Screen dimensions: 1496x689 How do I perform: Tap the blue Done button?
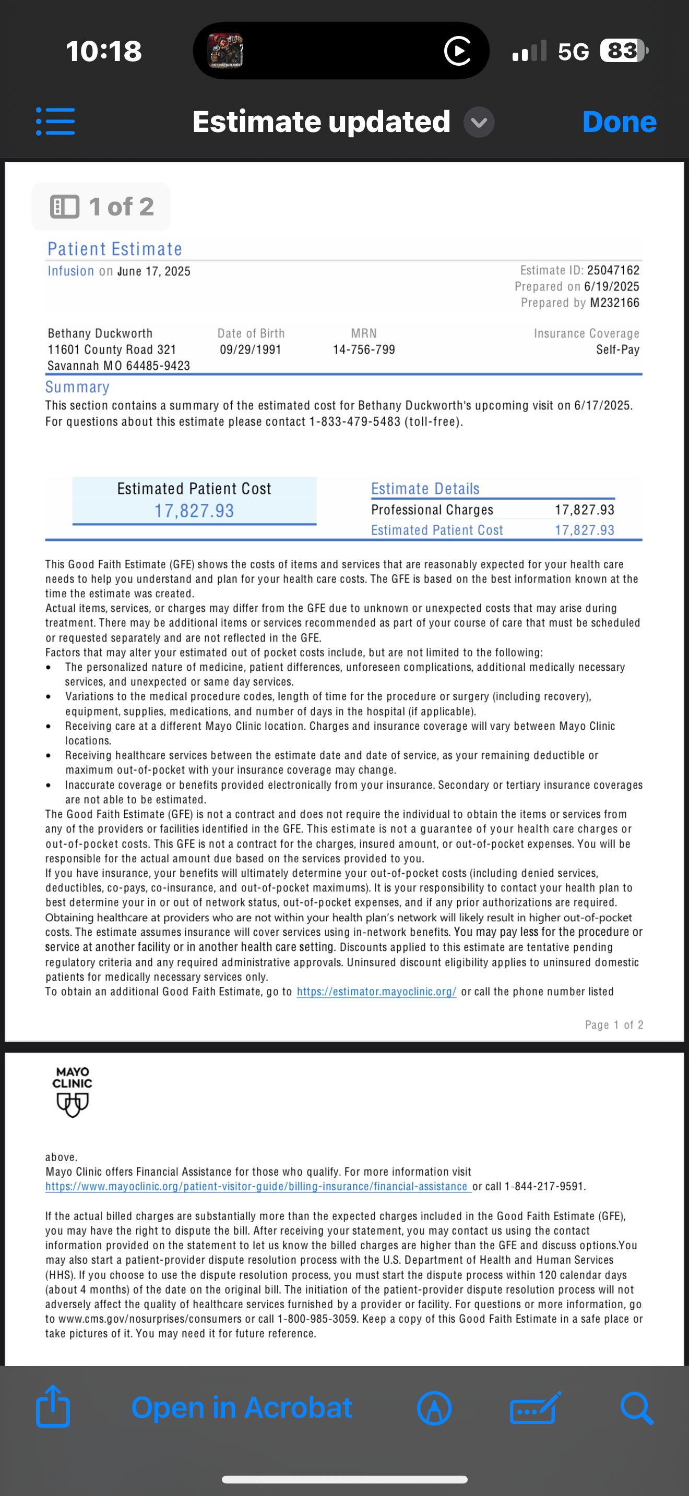619,122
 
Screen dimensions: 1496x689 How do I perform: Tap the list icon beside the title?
55,122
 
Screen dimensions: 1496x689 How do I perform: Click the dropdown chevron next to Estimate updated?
479,123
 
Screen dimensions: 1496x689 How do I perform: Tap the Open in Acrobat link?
242,1408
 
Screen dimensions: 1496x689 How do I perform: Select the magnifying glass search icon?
637,1408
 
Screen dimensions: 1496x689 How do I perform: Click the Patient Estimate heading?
115,249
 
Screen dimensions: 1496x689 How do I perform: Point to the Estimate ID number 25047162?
613,270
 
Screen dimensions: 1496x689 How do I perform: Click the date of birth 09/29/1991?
251,349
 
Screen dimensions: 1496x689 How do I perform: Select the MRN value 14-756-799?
364,349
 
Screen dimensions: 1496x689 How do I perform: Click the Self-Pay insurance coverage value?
617,349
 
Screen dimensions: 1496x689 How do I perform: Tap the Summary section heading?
77,388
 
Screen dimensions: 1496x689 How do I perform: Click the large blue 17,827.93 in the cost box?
194,511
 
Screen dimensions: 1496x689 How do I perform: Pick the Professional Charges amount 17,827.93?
585,510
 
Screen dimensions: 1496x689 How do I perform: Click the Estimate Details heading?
425,489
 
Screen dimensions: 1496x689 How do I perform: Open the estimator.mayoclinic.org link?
376,992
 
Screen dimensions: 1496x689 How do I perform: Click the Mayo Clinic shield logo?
73,1103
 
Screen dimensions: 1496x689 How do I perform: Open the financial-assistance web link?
257,1187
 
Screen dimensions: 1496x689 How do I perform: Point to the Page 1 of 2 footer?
614,1025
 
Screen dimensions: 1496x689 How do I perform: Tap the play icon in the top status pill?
458,51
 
